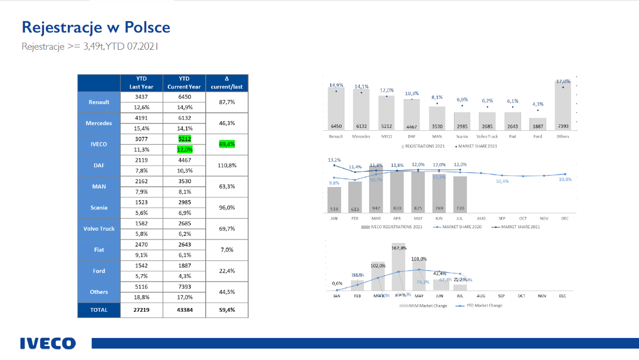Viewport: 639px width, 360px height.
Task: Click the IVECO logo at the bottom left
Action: (x=47, y=343)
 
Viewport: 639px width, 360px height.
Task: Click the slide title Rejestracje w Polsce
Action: (x=96, y=27)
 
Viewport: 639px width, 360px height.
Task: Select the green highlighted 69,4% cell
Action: (x=227, y=144)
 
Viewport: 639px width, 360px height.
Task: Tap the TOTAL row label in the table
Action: (x=99, y=310)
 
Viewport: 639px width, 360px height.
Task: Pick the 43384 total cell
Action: (x=184, y=310)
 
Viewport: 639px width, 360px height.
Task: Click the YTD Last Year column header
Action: (x=141, y=83)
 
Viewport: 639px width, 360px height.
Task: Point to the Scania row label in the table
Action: (x=99, y=208)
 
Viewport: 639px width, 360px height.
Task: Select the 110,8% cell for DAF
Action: (x=227, y=165)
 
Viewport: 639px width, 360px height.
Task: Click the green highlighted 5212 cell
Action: (x=184, y=139)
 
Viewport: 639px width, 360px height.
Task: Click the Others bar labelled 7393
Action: (x=563, y=105)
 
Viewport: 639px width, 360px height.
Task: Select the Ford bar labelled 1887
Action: (x=537, y=124)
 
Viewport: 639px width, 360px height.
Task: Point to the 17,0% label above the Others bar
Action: (x=563, y=81)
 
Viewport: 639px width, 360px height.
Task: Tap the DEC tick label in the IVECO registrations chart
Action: (x=565, y=218)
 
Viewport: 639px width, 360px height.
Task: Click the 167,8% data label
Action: (x=399, y=248)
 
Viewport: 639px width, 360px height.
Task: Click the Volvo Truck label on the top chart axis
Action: (x=487, y=136)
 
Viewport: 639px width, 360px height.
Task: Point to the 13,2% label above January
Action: (x=334, y=160)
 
